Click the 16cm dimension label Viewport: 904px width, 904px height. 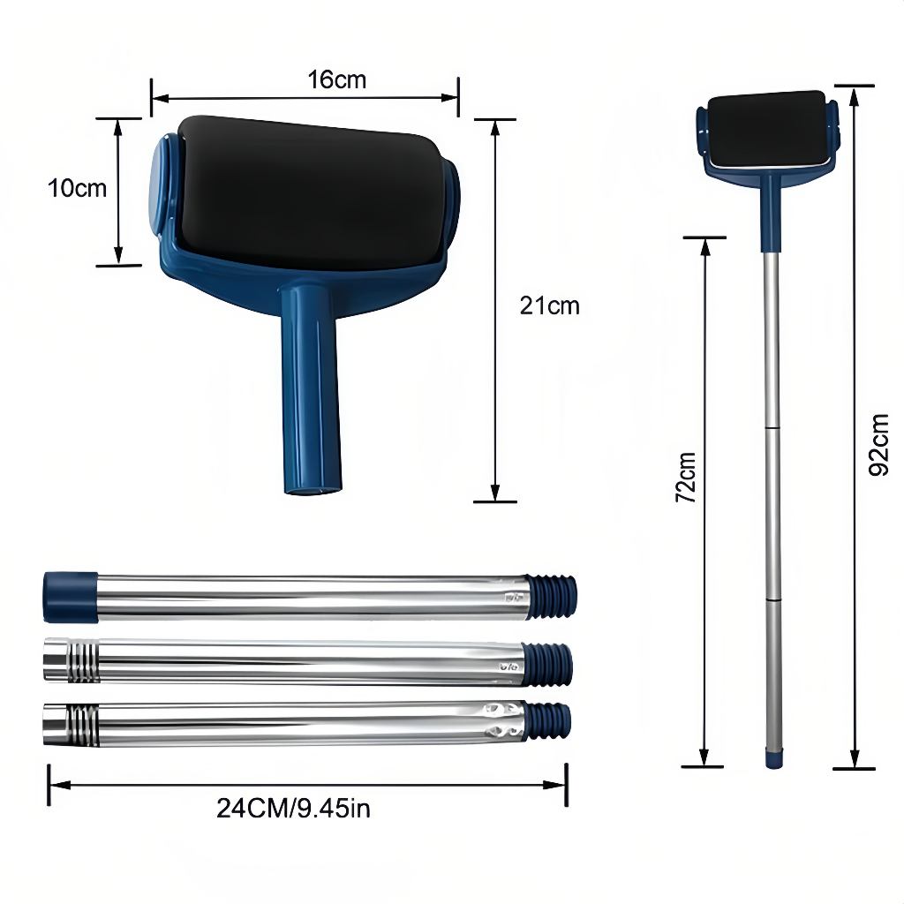point(336,79)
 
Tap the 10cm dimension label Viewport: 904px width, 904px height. point(78,189)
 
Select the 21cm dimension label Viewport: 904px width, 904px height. point(549,305)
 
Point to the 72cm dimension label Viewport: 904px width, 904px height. point(686,478)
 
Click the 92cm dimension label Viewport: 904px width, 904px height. point(878,445)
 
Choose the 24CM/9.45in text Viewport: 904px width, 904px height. point(293,809)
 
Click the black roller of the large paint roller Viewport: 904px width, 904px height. point(312,193)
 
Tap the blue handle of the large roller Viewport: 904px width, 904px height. point(312,388)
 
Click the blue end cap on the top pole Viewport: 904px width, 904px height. point(71,597)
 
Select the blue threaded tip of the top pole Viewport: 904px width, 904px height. point(552,597)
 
